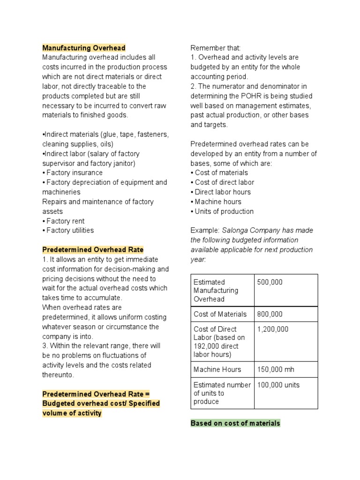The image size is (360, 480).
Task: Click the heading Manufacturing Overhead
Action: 84,48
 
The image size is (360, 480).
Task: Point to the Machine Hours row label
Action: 217,369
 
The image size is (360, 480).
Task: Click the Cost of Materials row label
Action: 220,314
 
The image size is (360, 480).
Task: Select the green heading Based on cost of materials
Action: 235,423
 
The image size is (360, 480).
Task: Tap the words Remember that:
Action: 209,48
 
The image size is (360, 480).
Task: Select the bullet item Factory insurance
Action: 74,172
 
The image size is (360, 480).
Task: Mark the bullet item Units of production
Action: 224,211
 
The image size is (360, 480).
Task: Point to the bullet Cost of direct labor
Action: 224,182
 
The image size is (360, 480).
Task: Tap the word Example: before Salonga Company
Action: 205,230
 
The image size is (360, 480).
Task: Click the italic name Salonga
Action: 235,230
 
